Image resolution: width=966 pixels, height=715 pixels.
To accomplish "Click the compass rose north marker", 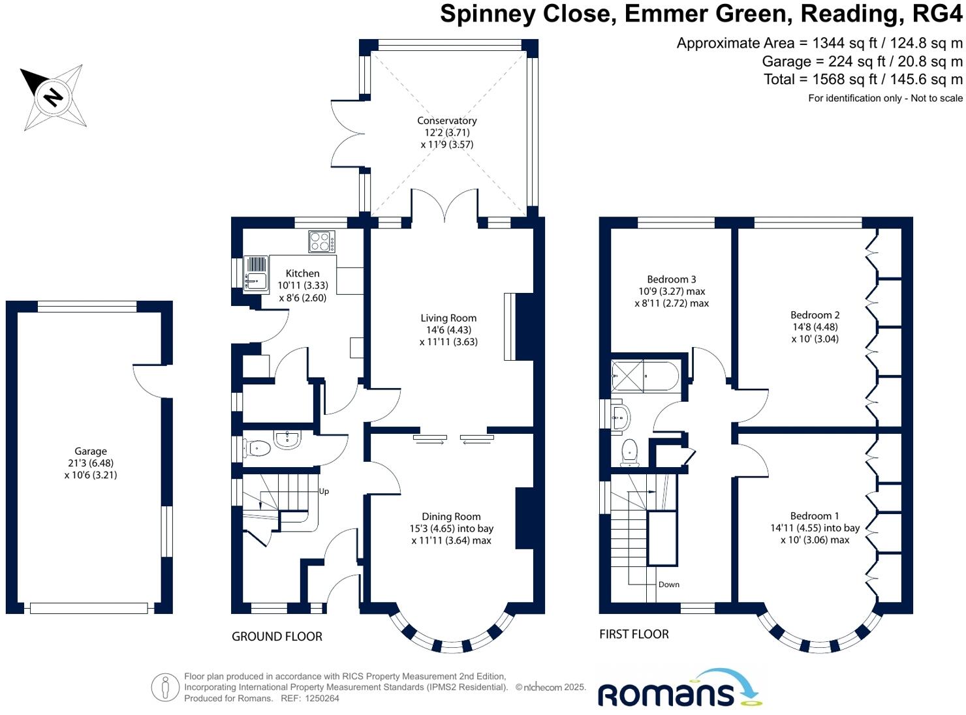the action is coord(52,97).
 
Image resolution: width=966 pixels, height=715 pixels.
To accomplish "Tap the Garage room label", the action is coord(90,451).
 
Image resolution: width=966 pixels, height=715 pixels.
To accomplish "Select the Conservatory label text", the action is coord(447,121).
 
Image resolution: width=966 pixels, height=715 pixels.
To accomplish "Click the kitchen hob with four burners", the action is coord(322,242).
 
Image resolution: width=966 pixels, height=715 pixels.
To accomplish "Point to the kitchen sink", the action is coord(255,273).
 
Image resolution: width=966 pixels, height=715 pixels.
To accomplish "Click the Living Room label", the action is coord(448,318).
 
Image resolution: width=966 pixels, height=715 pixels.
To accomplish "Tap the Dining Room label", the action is coord(451,517).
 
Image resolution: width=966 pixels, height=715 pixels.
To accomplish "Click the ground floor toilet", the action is coord(258,448).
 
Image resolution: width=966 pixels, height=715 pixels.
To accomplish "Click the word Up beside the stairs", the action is coord(324,491).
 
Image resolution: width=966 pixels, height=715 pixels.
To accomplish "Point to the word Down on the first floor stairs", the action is coord(669,585).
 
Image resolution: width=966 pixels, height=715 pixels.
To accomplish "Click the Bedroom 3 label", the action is coord(672,279).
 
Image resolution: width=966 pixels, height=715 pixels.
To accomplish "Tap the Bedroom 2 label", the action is coord(815,315).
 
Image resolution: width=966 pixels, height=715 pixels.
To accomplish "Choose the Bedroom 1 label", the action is coord(815,516).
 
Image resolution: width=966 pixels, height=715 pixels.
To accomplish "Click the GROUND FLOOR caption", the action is coord(277,636).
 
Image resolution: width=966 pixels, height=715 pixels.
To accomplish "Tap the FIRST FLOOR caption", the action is coord(634,633).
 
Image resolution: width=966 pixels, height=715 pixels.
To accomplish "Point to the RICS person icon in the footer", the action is coord(165,688).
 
